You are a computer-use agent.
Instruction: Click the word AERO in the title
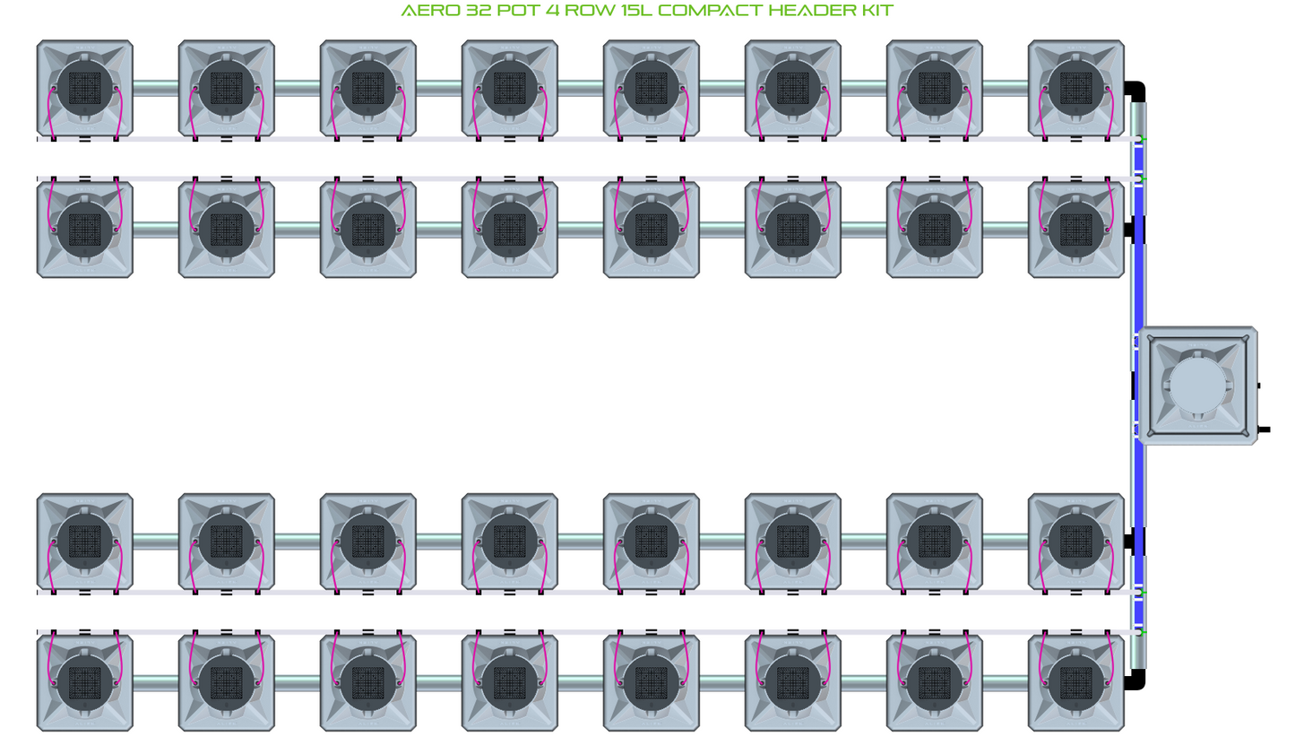click(430, 11)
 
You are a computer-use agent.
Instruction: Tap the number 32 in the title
click(479, 11)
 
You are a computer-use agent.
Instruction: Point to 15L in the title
click(635, 11)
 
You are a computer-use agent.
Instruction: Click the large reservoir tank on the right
click(1197, 386)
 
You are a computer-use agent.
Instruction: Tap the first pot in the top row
click(85, 88)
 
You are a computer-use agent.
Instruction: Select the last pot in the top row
click(1075, 88)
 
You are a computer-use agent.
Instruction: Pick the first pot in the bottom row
click(85, 682)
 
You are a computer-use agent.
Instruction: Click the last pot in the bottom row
click(1075, 682)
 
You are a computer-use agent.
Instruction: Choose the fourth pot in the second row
click(510, 230)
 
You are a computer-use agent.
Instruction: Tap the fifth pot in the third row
click(652, 542)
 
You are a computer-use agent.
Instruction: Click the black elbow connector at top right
click(1136, 91)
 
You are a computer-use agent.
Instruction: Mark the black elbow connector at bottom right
click(1136, 679)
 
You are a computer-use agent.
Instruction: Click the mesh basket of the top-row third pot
click(368, 88)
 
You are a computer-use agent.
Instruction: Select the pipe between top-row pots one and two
click(156, 88)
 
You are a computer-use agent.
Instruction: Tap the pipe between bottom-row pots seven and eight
click(1006, 683)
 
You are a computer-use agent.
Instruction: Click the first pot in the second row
click(85, 230)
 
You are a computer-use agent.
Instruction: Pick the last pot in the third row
click(1075, 542)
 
